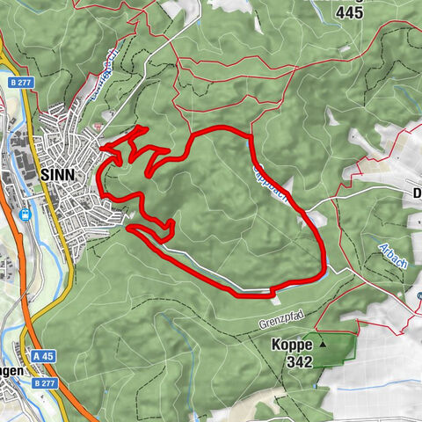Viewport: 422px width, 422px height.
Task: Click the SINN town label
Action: pos(59,174)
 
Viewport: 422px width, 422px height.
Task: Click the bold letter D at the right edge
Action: pos(417,193)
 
